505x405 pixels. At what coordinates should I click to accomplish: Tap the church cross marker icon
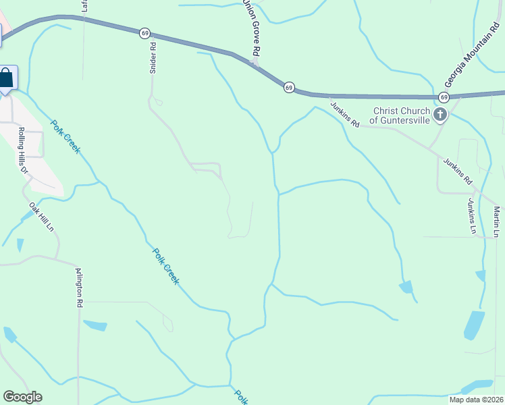(441, 115)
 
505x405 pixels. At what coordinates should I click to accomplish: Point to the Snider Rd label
(153, 59)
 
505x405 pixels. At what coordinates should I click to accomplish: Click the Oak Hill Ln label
(42, 216)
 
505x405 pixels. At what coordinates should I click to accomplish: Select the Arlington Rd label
(79, 288)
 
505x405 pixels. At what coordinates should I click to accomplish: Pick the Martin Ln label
(496, 221)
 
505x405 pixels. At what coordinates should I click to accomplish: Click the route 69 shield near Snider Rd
(144, 32)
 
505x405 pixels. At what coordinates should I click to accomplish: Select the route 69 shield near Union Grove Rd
(289, 87)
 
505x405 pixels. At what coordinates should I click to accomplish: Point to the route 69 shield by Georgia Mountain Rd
(443, 98)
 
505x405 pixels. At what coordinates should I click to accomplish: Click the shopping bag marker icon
(7, 78)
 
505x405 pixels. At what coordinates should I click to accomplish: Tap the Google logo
(22, 397)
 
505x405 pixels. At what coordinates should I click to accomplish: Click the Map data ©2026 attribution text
(476, 400)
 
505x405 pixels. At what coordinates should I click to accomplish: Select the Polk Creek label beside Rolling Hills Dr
(65, 136)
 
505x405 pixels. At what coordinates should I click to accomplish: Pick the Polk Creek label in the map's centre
(165, 266)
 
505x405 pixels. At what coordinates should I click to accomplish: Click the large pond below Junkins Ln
(474, 325)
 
